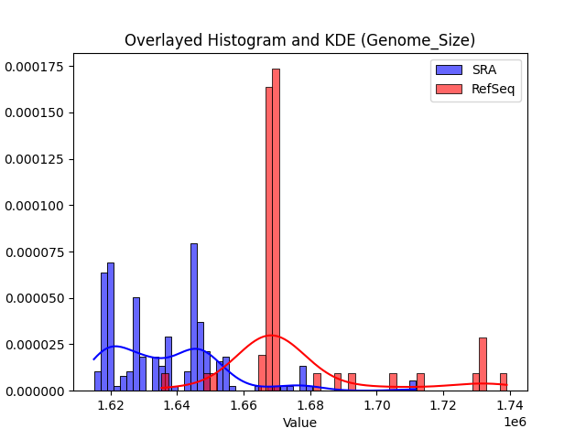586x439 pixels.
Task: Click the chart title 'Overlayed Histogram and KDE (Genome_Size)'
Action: [x=299, y=40]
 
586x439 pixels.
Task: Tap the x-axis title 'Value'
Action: [x=299, y=423]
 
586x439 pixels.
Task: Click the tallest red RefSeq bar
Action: [x=276, y=229]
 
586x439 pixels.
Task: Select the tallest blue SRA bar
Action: [x=194, y=316]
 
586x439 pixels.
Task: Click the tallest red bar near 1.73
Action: [x=483, y=364]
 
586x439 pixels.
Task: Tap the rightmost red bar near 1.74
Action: [x=503, y=382]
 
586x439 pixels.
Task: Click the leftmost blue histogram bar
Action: [x=98, y=381]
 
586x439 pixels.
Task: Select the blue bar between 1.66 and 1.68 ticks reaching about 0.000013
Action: [x=303, y=379]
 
